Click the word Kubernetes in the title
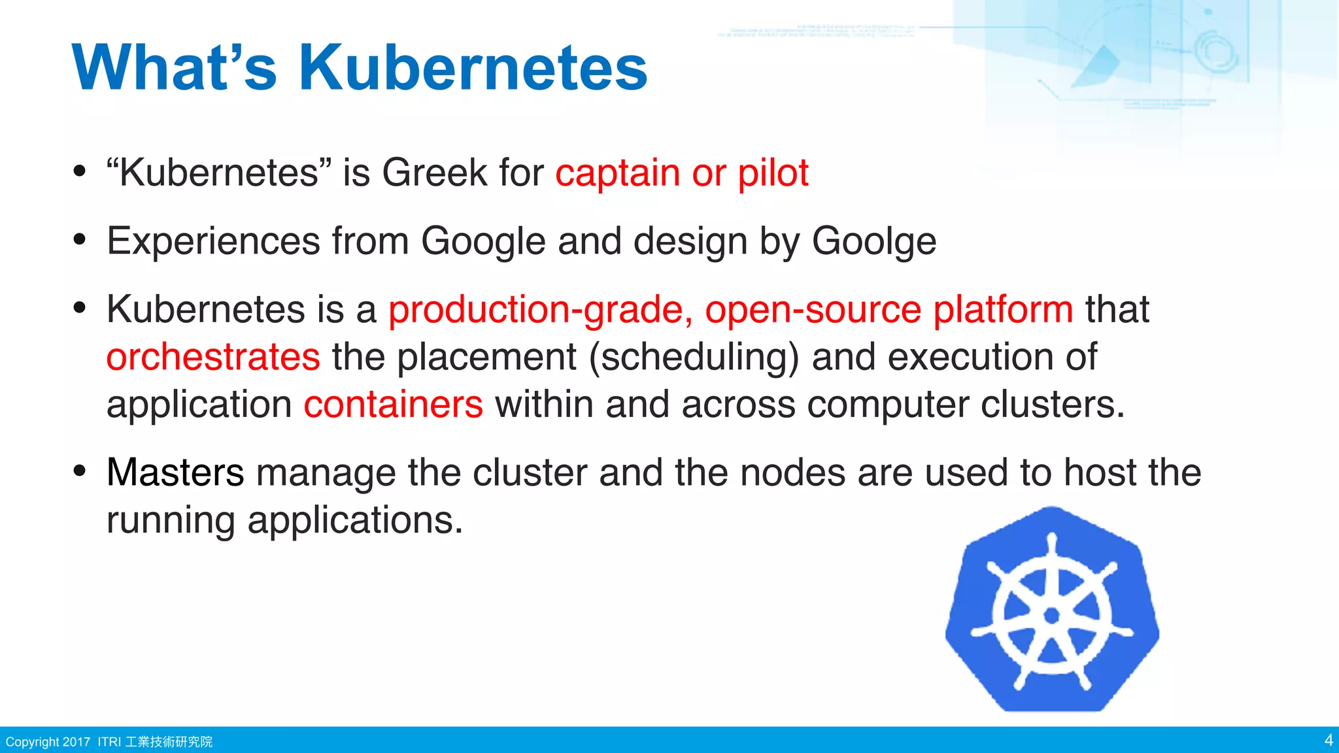click(x=473, y=68)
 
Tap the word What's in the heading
click(x=175, y=68)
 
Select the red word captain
click(x=618, y=173)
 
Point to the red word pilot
click(x=773, y=173)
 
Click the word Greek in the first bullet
click(x=434, y=173)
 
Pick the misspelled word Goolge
click(x=873, y=241)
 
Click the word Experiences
click(x=213, y=241)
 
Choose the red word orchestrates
click(x=213, y=357)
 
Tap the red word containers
click(x=393, y=405)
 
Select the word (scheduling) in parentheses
click(x=694, y=357)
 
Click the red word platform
click(x=1002, y=309)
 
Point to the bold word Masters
click(x=175, y=472)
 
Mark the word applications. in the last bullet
click(x=355, y=521)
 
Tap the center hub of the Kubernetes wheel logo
click(x=1051, y=615)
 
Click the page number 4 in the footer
click(x=1328, y=740)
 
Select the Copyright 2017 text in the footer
click(x=48, y=742)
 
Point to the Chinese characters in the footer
click(x=169, y=742)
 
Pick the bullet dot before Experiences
click(x=80, y=239)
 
